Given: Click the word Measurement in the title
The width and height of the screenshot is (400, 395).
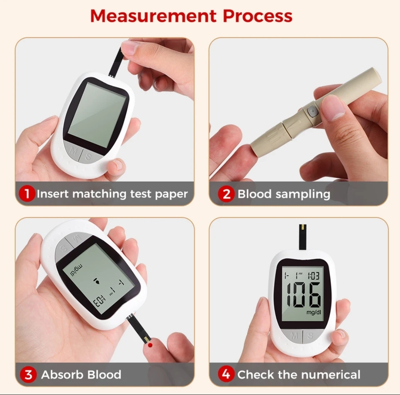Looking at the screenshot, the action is [x=153, y=16].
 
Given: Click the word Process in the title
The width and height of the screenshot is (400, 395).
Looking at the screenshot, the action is [x=258, y=16].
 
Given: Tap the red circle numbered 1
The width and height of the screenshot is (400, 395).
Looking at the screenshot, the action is [x=27, y=194].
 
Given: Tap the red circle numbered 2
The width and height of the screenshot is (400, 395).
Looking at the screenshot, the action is [x=226, y=194].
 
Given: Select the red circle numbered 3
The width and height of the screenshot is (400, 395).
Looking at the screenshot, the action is [x=28, y=374].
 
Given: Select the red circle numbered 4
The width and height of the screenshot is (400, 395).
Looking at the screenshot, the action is [x=226, y=374].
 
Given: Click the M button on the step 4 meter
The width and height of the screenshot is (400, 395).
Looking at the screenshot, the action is [x=294, y=335].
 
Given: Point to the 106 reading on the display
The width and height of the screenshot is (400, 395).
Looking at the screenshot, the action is [x=304, y=295].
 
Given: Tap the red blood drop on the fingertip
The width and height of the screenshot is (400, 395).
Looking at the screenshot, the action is [x=150, y=345].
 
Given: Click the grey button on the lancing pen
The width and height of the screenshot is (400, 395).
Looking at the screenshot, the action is [x=312, y=112].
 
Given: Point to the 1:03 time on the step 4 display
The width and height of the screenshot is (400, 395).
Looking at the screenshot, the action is [x=314, y=276].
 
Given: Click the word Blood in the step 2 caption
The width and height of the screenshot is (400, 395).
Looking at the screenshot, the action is [x=254, y=194].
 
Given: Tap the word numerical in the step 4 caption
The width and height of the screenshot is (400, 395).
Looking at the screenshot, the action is [x=331, y=374].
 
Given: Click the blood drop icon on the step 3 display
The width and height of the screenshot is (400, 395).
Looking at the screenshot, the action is [x=97, y=281].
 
